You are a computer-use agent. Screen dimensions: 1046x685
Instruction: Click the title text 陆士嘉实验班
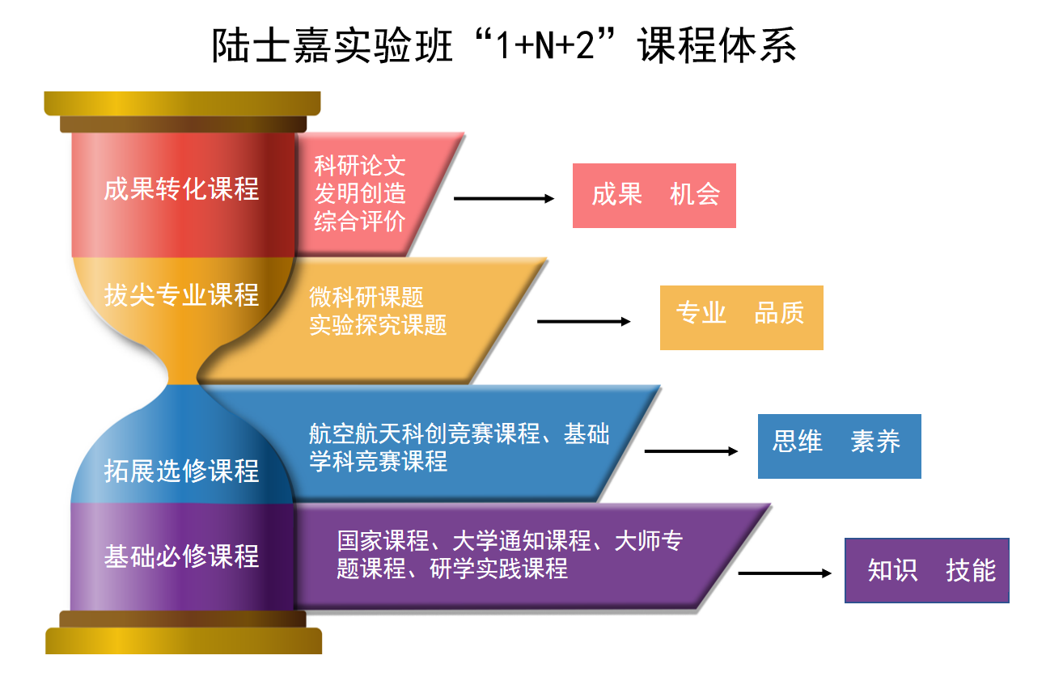tap(332, 45)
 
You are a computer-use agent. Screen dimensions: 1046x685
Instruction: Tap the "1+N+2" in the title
tap(544, 45)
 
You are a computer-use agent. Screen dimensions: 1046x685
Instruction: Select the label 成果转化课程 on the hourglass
tap(181, 189)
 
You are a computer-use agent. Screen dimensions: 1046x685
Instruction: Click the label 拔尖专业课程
tap(181, 294)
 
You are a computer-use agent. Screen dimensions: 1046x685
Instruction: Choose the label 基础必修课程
tap(181, 556)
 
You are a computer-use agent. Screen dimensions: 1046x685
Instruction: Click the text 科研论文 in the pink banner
tap(359, 165)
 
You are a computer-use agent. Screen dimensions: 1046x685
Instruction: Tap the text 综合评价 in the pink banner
tap(359, 221)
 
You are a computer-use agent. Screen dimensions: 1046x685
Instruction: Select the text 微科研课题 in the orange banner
tap(366, 297)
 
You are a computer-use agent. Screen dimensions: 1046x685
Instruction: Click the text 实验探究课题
tap(378, 324)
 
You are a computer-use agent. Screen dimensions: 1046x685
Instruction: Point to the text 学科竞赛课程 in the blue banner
tap(379, 461)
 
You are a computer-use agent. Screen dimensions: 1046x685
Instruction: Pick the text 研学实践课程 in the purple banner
tap(498, 569)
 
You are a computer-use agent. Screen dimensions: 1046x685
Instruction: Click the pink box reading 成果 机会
tap(654, 196)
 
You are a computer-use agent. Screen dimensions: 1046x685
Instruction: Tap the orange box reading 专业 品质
tap(742, 318)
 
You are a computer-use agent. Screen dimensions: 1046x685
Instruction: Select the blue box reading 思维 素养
tap(840, 446)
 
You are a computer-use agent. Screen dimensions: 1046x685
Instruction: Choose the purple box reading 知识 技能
tap(927, 571)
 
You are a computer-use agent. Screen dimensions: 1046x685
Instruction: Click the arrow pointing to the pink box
tap(504, 198)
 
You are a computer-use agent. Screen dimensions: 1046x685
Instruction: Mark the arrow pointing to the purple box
tap(785, 573)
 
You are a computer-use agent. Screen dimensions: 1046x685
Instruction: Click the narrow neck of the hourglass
tap(183, 374)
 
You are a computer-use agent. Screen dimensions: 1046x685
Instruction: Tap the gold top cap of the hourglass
tap(183, 104)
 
